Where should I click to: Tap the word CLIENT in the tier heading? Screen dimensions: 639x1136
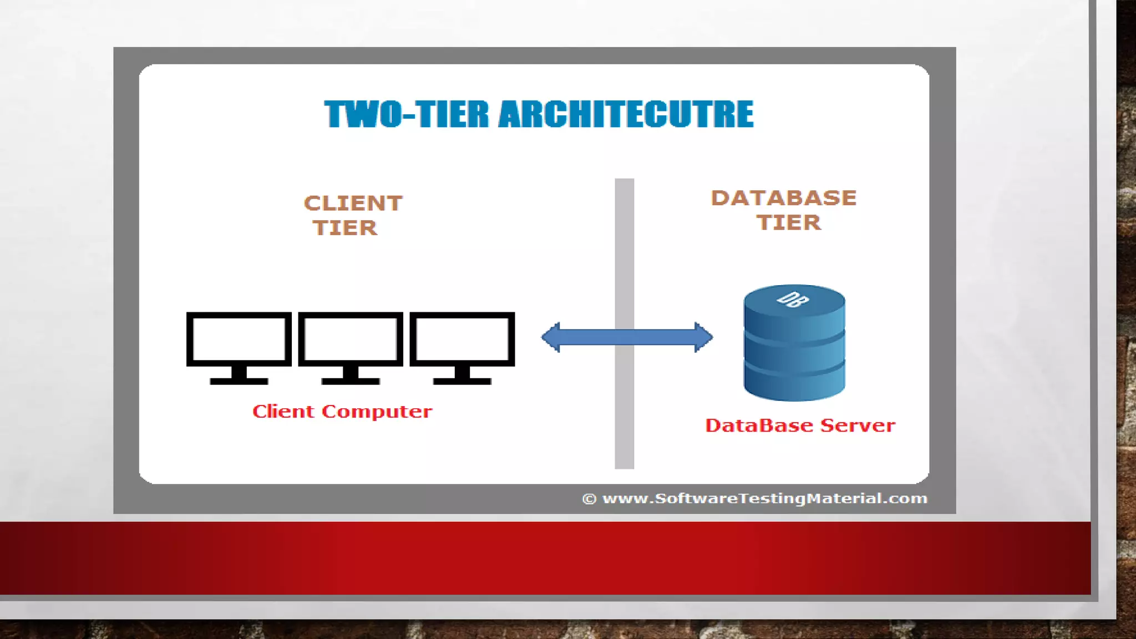coord(353,204)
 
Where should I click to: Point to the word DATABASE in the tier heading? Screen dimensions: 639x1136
coord(784,198)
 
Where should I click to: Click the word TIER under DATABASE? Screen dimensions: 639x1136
coord(789,223)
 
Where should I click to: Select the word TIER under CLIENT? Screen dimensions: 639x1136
coord(345,228)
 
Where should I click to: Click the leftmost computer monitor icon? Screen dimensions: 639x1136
coord(239,339)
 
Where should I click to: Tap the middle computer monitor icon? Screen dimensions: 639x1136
coord(351,339)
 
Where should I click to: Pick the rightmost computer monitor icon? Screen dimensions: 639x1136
coord(462,339)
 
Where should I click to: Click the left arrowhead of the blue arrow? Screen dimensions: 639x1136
coord(551,337)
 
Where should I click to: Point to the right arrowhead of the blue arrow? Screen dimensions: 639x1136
coord(703,337)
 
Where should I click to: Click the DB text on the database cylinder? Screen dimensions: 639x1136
coord(793,300)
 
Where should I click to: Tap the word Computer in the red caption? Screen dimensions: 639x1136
coord(377,412)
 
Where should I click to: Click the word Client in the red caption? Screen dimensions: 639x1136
coord(283,412)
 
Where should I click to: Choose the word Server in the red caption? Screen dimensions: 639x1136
coord(858,425)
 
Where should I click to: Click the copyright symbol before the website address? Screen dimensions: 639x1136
coord(589,499)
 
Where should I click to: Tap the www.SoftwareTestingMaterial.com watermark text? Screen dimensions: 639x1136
coord(765,499)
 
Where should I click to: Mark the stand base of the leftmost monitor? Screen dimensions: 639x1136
coord(239,381)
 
